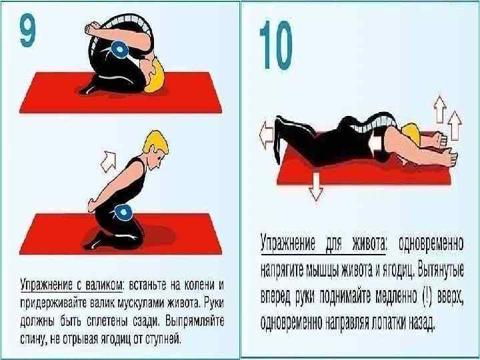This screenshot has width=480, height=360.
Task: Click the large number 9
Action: [28, 31]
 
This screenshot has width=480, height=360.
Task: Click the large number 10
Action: [276, 45]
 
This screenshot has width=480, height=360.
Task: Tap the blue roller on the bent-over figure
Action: [119, 49]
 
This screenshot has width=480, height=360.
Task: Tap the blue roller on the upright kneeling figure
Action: [123, 212]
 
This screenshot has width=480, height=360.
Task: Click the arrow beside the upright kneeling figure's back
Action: [109, 161]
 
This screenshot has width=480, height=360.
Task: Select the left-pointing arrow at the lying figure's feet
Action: [266, 134]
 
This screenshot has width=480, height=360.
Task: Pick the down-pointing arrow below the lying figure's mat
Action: [316, 187]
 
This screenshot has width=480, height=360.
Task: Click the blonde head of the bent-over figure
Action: [155, 77]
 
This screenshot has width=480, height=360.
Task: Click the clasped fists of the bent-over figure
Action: [92, 29]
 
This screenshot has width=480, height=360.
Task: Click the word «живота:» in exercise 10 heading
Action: [370, 243]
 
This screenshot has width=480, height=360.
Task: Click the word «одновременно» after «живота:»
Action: [431, 244]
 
